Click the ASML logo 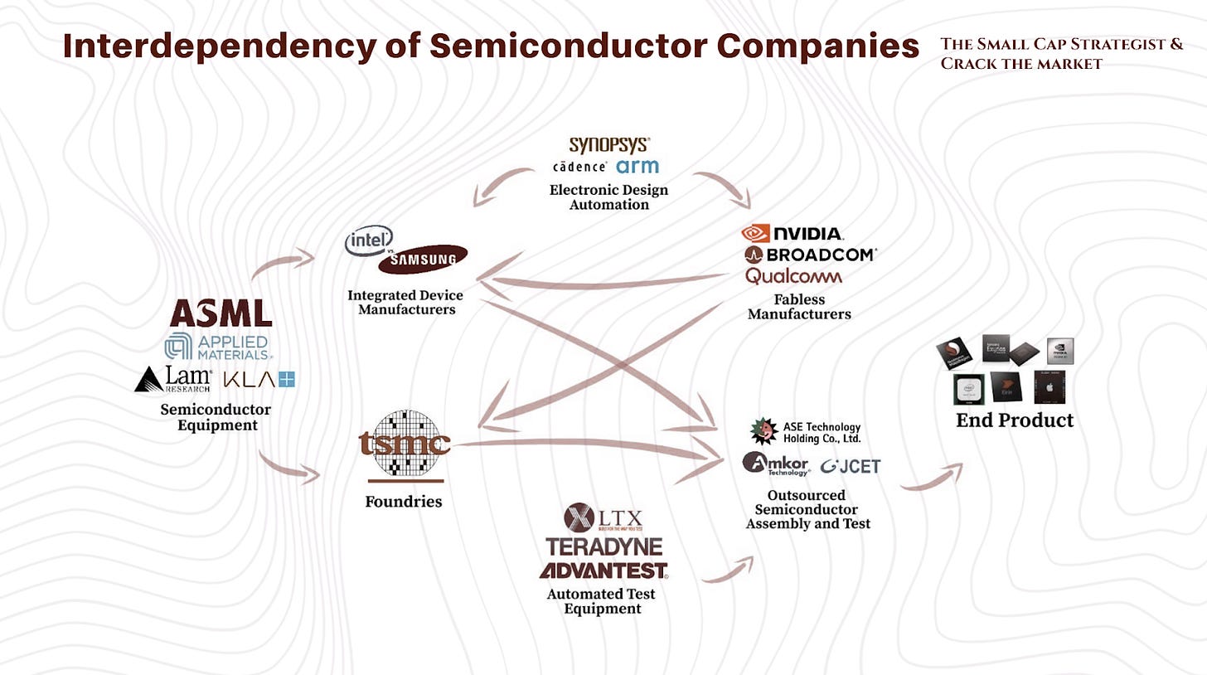pos(221,313)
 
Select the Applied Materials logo pos(218,347)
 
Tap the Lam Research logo pos(173,379)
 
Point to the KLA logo pos(259,380)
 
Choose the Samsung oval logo pos(422,259)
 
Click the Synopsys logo pos(609,145)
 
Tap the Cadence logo pos(580,167)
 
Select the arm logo pos(637,167)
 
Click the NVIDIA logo pos(793,234)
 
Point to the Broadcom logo pos(810,255)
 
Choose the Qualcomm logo pos(793,276)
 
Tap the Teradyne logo pos(604,547)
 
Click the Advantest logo pos(603,571)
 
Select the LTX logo pos(603,518)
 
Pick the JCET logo pos(851,466)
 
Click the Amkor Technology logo pos(775,464)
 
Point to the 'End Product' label pos(1014,420)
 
